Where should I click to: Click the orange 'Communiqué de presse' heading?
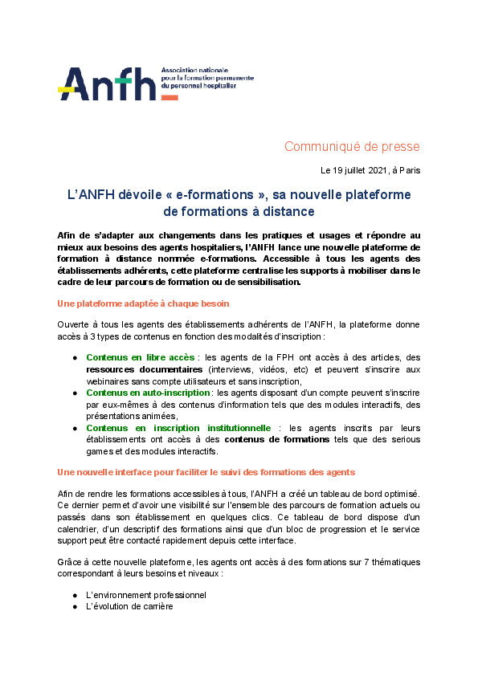[352, 146]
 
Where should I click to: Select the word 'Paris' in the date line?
[409, 170]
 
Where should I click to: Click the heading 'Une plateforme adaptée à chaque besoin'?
[143, 303]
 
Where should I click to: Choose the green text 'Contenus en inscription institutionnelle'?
[178, 428]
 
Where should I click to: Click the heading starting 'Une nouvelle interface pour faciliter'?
[206, 471]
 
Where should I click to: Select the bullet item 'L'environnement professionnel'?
[146, 595]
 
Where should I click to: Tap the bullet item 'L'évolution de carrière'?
[129, 607]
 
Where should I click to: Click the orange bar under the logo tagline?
[170, 97]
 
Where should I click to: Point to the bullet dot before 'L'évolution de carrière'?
[75, 607]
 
